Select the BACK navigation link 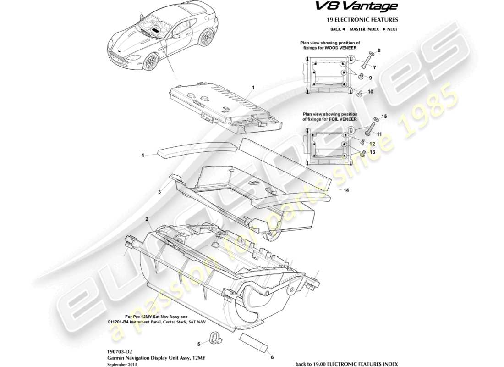[337, 29]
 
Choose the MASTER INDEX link [364, 29]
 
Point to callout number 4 [142, 156]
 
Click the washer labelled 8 [372, 54]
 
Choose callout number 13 [373, 152]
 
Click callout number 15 [384, 117]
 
